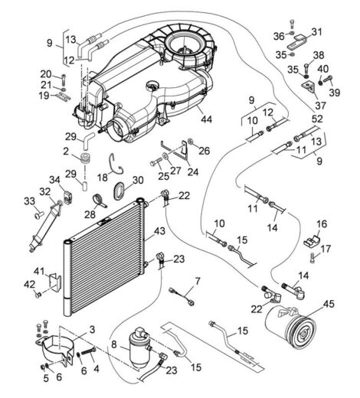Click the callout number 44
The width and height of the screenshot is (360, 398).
pos(207,119)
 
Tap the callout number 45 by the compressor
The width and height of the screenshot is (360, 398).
pos(329,304)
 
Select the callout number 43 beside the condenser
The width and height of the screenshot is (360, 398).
pos(159,231)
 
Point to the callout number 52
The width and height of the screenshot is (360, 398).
pos(317,119)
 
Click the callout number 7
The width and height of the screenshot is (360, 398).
pos(198,282)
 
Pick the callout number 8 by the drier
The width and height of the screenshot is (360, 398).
pos(114,344)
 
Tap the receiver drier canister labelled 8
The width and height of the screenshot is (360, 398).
pos(139,348)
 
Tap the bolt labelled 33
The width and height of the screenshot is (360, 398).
pos(39,215)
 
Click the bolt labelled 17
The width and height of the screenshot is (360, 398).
pos(313,257)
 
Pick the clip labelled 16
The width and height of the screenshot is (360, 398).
pos(311,242)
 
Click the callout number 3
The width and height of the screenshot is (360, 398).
pos(92,329)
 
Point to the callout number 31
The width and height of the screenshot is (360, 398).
pos(316,32)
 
